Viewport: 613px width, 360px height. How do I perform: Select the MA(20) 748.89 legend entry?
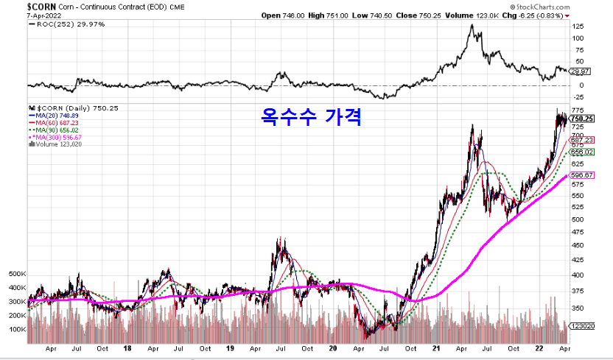point(56,116)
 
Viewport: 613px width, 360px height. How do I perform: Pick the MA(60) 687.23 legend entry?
point(56,123)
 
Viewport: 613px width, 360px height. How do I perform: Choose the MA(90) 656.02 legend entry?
point(56,130)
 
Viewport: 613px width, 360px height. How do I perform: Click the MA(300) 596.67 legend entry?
point(57,137)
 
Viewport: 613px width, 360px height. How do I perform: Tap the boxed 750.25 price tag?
point(582,119)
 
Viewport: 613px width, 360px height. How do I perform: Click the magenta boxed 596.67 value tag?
point(582,176)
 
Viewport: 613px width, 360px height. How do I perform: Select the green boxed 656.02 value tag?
point(582,152)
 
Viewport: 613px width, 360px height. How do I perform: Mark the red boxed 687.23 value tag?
point(582,141)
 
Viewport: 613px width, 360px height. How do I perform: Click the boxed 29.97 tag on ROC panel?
point(581,71)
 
